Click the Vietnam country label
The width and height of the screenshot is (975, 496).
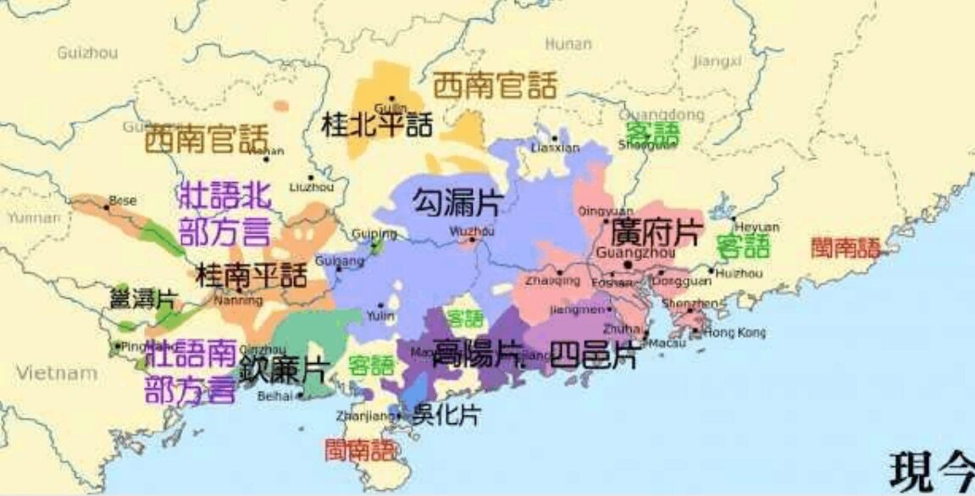pos(57,373)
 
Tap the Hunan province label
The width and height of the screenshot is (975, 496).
pos(568,44)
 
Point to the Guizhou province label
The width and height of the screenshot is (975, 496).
pos(87,52)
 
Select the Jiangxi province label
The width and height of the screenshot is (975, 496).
pos(717,61)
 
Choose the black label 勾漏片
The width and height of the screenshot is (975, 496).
pos(457,201)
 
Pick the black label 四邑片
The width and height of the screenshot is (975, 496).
pos(593,355)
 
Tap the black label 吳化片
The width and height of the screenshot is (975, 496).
pos(446,414)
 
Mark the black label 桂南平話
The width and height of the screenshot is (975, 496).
pos(252,274)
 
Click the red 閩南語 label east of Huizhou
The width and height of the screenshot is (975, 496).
pos(845,247)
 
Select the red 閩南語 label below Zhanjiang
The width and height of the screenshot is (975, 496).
pos(361,449)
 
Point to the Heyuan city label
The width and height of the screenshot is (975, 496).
pos(756,227)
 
